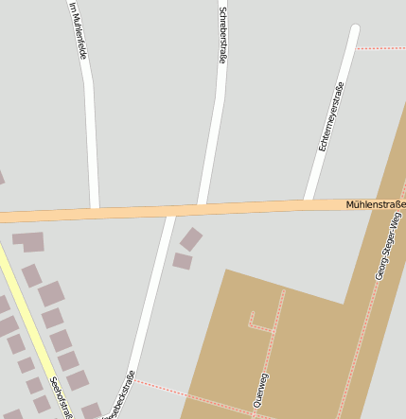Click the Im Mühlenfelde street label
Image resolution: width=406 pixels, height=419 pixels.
[x=78, y=30]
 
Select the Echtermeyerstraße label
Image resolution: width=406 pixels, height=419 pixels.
[x=330, y=116]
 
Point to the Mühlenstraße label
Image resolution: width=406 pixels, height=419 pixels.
[x=375, y=203]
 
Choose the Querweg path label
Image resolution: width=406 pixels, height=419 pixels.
[x=261, y=390]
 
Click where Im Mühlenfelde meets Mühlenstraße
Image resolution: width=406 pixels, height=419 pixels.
[x=95, y=211]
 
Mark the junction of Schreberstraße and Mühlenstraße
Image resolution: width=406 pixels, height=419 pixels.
[x=201, y=207]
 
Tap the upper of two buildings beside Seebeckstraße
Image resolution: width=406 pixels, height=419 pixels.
[x=191, y=238]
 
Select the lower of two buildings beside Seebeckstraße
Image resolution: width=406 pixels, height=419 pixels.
[x=182, y=260]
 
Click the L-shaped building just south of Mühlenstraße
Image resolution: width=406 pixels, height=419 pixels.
[x=28, y=241]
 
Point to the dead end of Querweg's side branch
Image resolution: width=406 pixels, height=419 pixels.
[x=252, y=311]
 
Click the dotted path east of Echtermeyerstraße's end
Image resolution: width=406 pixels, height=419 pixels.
[x=382, y=47]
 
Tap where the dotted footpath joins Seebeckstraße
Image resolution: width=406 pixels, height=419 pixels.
[x=133, y=380]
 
